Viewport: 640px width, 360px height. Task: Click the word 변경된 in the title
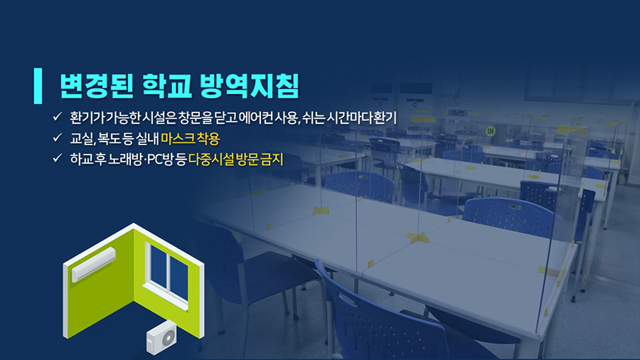[97, 86]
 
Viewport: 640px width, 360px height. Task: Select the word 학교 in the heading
[167, 86]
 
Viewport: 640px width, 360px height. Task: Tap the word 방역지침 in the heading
[250, 86]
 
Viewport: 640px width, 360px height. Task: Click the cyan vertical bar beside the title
[38, 85]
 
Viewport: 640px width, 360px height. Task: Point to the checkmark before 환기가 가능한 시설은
[57, 117]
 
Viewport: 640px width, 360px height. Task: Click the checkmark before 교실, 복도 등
[57, 137]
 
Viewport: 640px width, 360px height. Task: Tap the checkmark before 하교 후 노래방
[57, 158]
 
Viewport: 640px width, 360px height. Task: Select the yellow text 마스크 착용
[190, 138]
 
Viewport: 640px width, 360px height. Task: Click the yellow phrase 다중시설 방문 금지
[235, 159]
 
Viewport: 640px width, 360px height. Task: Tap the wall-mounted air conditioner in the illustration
[93, 265]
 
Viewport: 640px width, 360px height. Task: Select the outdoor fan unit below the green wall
[161, 337]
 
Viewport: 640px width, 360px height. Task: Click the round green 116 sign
[490, 131]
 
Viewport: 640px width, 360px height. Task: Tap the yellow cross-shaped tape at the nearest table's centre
[417, 237]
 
